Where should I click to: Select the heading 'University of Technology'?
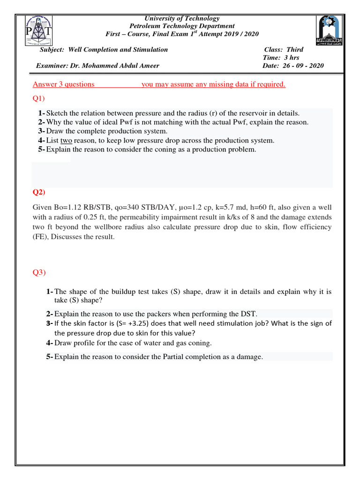[x=182, y=18]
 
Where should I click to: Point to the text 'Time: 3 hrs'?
[x=281, y=58]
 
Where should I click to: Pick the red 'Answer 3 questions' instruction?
[x=64, y=84]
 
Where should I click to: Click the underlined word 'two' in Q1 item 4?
[x=66, y=141]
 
